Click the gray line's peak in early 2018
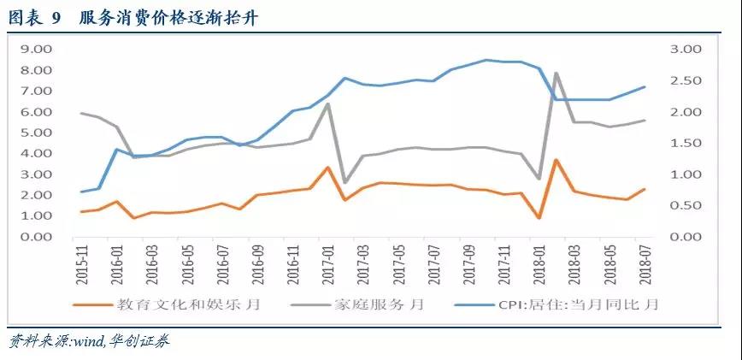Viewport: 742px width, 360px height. pyautogui.click(x=556, y=74)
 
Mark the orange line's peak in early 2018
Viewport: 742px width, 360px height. pyautogui.click(x=556, y=160)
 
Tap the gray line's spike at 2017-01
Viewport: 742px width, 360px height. pyautogui.click(x=327, y=104)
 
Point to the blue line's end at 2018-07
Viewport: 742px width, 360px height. pyautogui.click(x=644, y=86)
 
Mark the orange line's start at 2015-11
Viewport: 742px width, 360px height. pyautogui.click(x=82, y=211)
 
